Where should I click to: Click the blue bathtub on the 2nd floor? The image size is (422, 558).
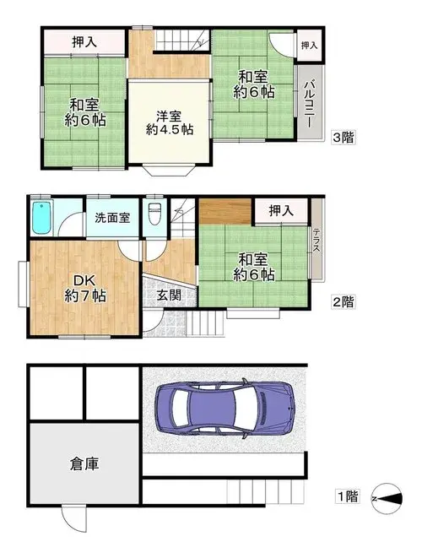coord(42,218)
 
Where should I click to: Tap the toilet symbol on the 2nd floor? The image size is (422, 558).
coord(154,214)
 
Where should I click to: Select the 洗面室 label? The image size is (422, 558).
coord(112,218)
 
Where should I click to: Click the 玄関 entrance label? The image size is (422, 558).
coord(169,295)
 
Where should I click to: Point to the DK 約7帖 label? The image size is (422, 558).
coord(85,288)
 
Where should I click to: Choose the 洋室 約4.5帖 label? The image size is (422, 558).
coord(169,122)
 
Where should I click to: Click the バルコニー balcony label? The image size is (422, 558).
coord(309,104)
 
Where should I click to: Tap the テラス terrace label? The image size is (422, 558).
coord(316,241)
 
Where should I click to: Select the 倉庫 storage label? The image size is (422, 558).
coord(84,463)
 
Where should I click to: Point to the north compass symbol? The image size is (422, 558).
coord(387,498)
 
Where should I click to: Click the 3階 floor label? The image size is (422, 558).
coord(344,137)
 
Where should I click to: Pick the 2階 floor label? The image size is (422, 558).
coord(344,301)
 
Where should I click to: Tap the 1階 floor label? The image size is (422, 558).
coord(347,496)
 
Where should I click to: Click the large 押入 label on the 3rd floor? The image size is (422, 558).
coord(84,42)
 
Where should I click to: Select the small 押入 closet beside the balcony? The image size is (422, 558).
coord(309,46)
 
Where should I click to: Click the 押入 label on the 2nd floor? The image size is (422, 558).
coord(281,211)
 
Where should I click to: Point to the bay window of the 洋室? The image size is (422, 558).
coord(169,171)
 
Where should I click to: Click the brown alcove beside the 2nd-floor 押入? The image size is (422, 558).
coord(225,211)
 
